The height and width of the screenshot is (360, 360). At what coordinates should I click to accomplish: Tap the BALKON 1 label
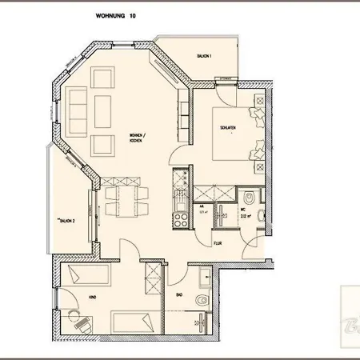click(x=205, y=56)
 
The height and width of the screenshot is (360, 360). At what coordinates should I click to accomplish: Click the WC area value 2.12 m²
click(x=247, y=215)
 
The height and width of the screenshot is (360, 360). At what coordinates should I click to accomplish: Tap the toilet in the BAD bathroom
click(x=208, y=301)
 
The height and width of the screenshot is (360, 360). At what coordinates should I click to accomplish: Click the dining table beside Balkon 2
click(x=126, y=197)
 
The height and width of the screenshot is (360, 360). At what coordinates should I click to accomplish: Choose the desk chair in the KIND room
click(x=82, y=324)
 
